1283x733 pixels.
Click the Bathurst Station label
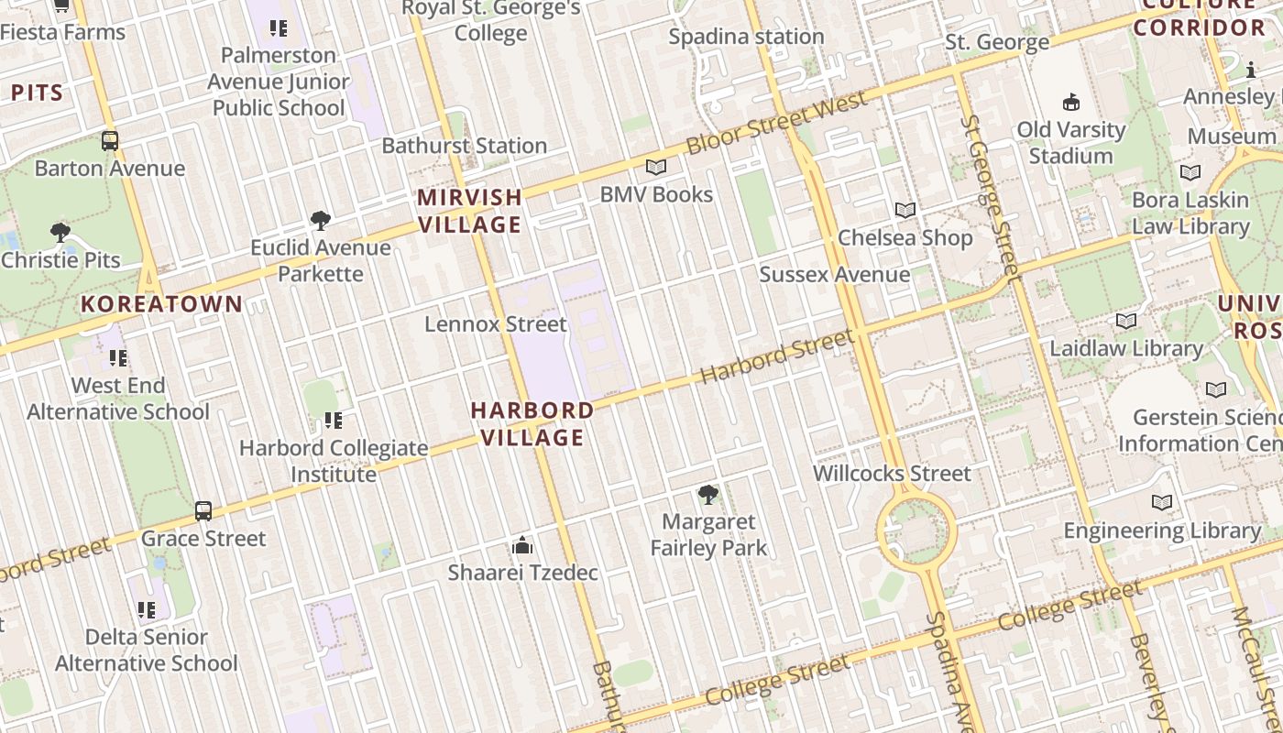pyautogui.click(x=464, y=146)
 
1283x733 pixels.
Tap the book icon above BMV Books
pyautogui.click(x=656, y=167)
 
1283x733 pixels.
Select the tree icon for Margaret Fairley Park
pyautogui.click(x=707, y=496)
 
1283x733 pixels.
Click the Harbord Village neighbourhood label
pyautogui.click(x=532, y=423)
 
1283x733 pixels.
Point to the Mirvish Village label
pyautogui.click(x=469, y=211)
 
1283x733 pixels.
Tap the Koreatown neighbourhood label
pyautogui.click(x=162, y=304)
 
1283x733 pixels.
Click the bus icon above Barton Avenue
pyautogui.click(x=110, y=141)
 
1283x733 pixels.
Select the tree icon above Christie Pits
pyautogui.click(x=60, y=233)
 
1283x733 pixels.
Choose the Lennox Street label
pyautogui.click(x=496, y=324)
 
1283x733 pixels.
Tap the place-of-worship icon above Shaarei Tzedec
pyautogui.click(x=522, y=546)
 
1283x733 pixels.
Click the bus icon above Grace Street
pyautogui.click(x=203, y=511)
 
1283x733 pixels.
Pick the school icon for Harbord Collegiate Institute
pyautogui.click(x=334, y=421)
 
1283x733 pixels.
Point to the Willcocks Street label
pyautogui.click(x=892, y=474)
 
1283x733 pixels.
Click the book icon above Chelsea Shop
pyautogui.click(x=905, y=210)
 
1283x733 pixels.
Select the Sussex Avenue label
pyautogui.click(x=835, y=274)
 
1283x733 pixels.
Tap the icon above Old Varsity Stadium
pyautogui.click(x=1070, y=102)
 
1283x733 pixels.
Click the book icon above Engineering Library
pyautogui.click(x=1162, y=503)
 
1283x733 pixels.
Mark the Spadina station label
pyautogui.click(x=746, y=37)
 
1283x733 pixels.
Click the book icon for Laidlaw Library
pyautogui.click(x=1126, y=322)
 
